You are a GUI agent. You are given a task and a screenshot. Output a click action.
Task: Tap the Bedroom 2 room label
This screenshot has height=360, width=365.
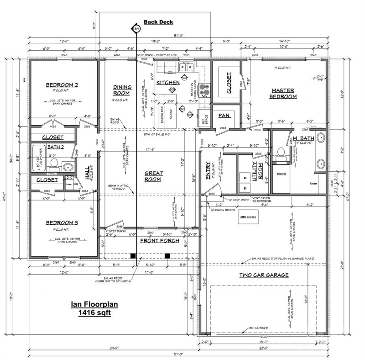pyautogui.click(x=62, y=85)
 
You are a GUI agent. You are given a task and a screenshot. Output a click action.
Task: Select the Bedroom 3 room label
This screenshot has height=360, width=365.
pyautogui.click(x=62, y=223)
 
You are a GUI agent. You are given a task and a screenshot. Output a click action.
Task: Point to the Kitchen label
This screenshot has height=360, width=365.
pyautogui.click(x=168, y=83)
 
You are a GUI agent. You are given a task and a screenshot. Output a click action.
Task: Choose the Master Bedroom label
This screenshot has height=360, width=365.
pyautogui.click(x=283, y=93)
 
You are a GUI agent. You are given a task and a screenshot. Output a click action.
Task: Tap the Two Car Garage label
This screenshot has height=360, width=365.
pyautogui.click(x=264, y=275)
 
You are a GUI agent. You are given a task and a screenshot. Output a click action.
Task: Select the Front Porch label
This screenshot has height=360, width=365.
pyautogui.click(x=159, y=240)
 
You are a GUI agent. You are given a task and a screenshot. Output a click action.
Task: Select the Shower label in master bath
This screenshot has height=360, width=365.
pyautogui.click(x=281, y=174)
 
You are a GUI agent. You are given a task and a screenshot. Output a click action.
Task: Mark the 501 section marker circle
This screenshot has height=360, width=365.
pyautogui.click(x=136, y=29)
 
